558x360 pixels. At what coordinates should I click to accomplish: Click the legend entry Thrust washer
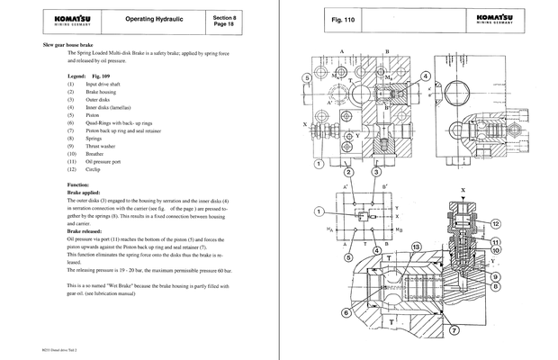coord(103,146)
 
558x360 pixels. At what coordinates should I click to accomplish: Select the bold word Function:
coord(82,184)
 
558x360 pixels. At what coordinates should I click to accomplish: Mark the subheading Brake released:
coord(90,231)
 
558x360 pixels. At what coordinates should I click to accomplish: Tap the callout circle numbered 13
coord(416,247)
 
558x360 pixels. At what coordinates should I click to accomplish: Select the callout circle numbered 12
coord(520,222)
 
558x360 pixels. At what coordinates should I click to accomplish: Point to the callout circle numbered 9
coord(521,276)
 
